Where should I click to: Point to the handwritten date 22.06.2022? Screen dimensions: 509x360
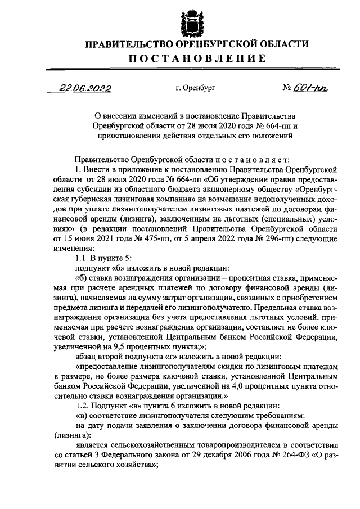click(x=86, y=88)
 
